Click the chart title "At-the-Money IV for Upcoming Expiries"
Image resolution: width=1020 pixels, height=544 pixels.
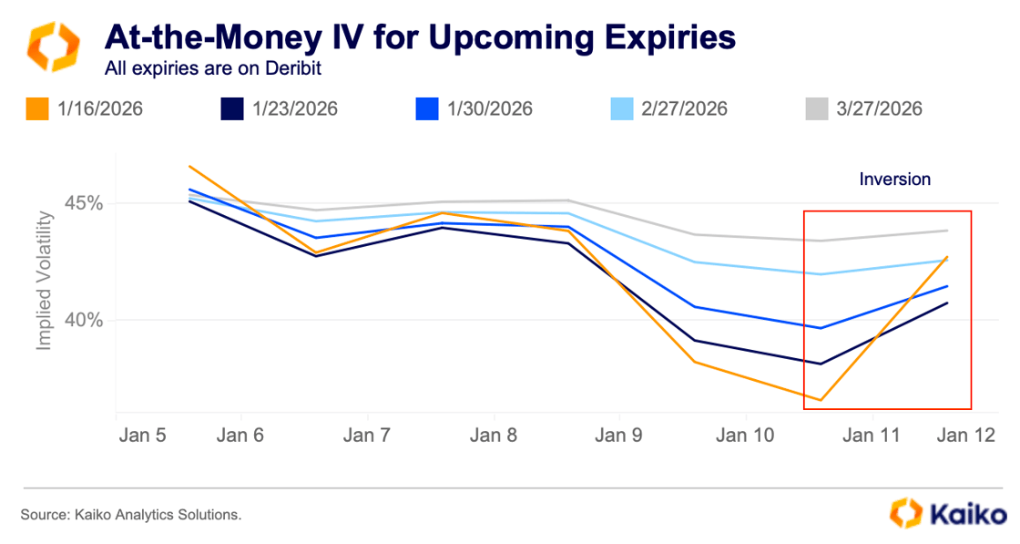click(420, 36)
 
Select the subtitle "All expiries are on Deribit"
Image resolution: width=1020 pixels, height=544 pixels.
click(214, 67)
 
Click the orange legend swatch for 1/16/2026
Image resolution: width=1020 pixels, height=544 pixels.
click(37, 108)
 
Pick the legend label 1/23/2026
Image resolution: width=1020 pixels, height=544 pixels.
click(293, 108)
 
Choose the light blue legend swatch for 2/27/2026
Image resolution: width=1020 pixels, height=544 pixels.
click(622, 108)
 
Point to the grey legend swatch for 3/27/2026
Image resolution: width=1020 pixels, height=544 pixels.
click(817, 108)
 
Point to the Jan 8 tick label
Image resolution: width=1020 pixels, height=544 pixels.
click(495, 436)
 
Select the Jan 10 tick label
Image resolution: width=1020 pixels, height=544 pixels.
click(745, 436)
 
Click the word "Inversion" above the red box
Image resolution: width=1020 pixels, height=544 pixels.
click(895, 179)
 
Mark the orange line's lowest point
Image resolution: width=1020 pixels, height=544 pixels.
click(821, 400)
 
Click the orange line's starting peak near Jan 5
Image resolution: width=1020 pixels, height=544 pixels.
click(189, 166)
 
